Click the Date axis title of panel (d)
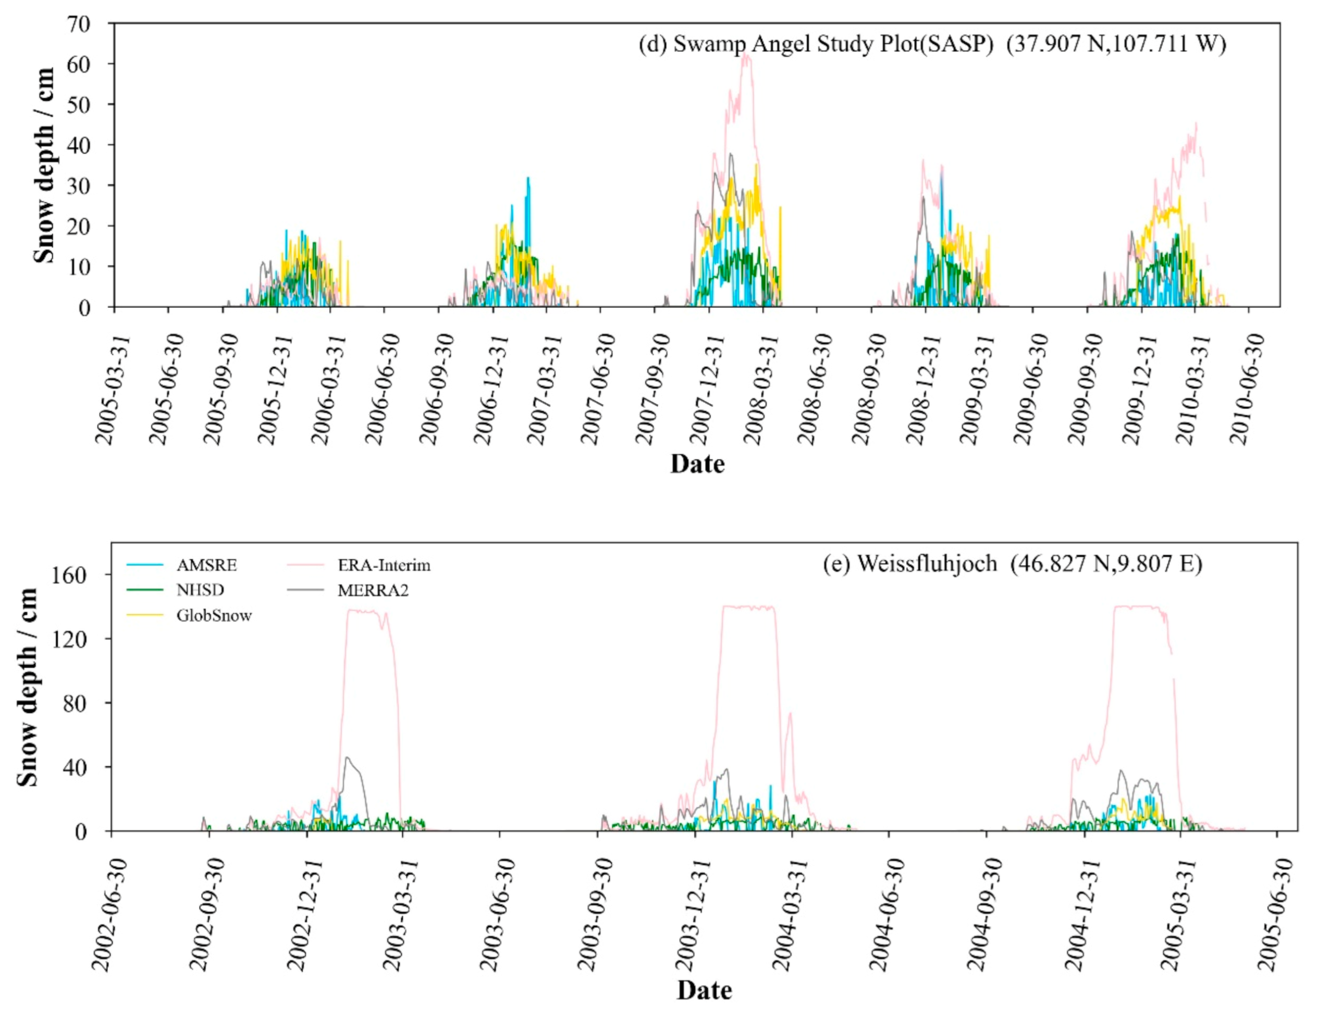697,464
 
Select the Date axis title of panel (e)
704,990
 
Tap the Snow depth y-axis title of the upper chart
43,166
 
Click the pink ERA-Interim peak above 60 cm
746,55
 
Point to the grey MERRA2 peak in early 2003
347,758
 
